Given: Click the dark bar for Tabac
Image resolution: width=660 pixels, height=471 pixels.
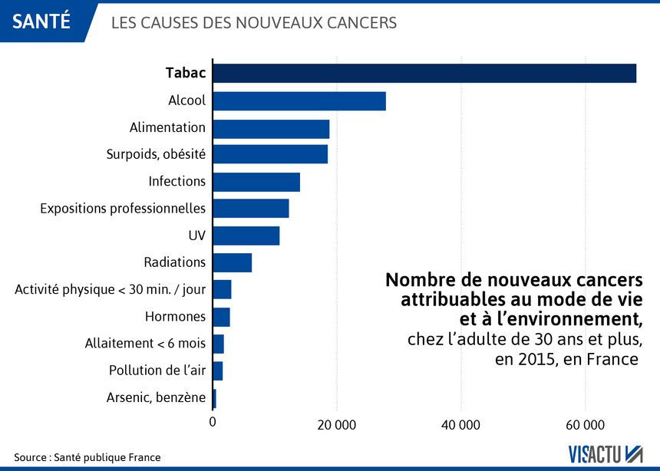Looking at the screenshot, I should pyautogui.click(x=424, y=73).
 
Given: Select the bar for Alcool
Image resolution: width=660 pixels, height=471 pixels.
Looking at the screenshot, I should pyautogui.click(x=299, y=100).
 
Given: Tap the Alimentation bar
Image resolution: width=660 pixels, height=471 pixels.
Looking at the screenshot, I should pyautogui.click(x=271, y=128).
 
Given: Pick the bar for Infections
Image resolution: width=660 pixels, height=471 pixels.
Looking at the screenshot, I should pyautogui.click(x=256, y=182).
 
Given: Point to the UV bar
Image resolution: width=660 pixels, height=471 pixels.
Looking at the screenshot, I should pyautogui.click(x=246, y=235).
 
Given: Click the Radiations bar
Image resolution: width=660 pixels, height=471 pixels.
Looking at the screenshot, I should pyautogui.click(x=232, y=262).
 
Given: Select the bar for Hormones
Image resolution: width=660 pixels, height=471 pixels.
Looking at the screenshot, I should pyautogui.click(x=221, y=316).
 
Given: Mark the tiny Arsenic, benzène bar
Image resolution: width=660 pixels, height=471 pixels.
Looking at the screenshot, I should pyautogui.click(x=215, y=397).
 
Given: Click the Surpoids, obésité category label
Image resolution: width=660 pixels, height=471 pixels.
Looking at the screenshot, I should pyautogui.click(x=156, y=154).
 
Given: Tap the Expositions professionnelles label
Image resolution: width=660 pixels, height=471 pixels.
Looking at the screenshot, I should pyautogui.click(x=123, y=209).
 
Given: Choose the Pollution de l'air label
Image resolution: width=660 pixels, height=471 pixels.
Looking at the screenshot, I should pyautogui.click(x=157, y=371).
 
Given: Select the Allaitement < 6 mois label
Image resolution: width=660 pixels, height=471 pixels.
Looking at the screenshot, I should pyautogui.click(x=145, y=344).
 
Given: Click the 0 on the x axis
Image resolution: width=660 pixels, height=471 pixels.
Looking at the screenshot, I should pyautogui.click(x=213, y=421).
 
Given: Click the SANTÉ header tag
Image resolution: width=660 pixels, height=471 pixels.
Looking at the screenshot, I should pyautogui.click(x=41, y=21).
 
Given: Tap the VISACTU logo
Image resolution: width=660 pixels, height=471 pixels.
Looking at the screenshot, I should pyautogui.click(x=605, y=454).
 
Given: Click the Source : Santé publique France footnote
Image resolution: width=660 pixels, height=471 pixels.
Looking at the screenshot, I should pyautogui.click(x=87, y=457).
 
